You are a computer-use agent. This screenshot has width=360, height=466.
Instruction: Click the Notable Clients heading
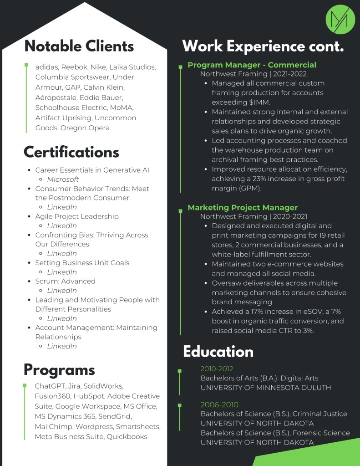(x=79, y=46)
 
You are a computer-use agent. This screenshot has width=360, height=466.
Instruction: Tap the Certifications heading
(x=71, y=152)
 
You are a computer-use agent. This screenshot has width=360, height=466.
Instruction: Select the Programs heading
(x=59, y=369)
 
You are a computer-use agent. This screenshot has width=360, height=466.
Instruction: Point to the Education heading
(x=218, y=352)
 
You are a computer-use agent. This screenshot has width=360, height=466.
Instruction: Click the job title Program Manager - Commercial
(x=252, y=65)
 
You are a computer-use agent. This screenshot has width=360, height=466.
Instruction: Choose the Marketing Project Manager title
(x=243, y=207)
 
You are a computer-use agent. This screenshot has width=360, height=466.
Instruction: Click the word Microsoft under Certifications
(x=63, y=179)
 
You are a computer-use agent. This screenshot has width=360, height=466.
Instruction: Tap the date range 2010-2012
(x=217, y=369)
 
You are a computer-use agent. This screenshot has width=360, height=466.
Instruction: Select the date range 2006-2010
(x=219, y=405)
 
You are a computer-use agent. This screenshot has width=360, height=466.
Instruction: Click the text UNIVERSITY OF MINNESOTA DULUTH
(x=266, y=388)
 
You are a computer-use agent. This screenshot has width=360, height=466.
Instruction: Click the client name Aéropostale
(x=56, y=97)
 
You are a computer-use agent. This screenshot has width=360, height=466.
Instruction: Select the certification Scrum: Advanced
(x=65, y=281)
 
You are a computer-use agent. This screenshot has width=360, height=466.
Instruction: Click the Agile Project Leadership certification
(x=76, y=216)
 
